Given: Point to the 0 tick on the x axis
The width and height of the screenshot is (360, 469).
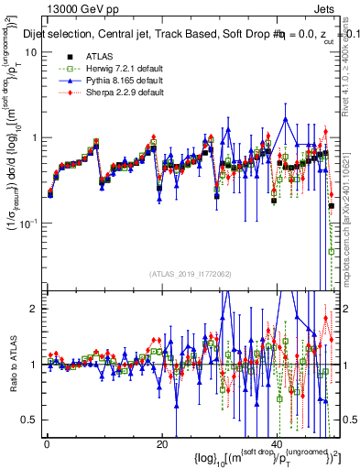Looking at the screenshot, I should click(48, 442).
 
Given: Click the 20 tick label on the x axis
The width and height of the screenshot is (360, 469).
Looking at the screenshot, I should click(161, 442).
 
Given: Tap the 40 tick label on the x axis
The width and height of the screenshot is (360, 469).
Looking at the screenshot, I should click(278, 442).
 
